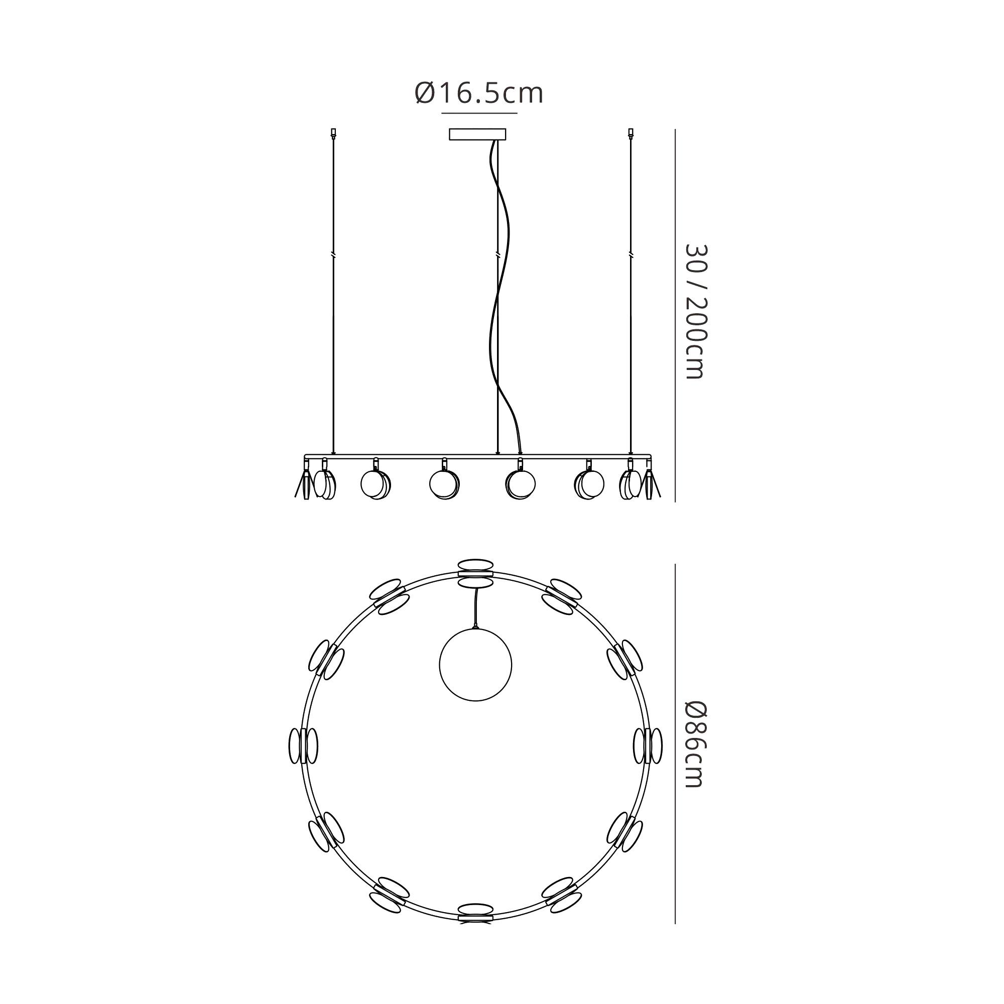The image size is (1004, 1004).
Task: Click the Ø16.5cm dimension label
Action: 479,93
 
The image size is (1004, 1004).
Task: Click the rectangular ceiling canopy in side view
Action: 477,135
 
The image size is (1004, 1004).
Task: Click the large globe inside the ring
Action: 475,664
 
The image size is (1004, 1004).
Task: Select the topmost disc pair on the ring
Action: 475,573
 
